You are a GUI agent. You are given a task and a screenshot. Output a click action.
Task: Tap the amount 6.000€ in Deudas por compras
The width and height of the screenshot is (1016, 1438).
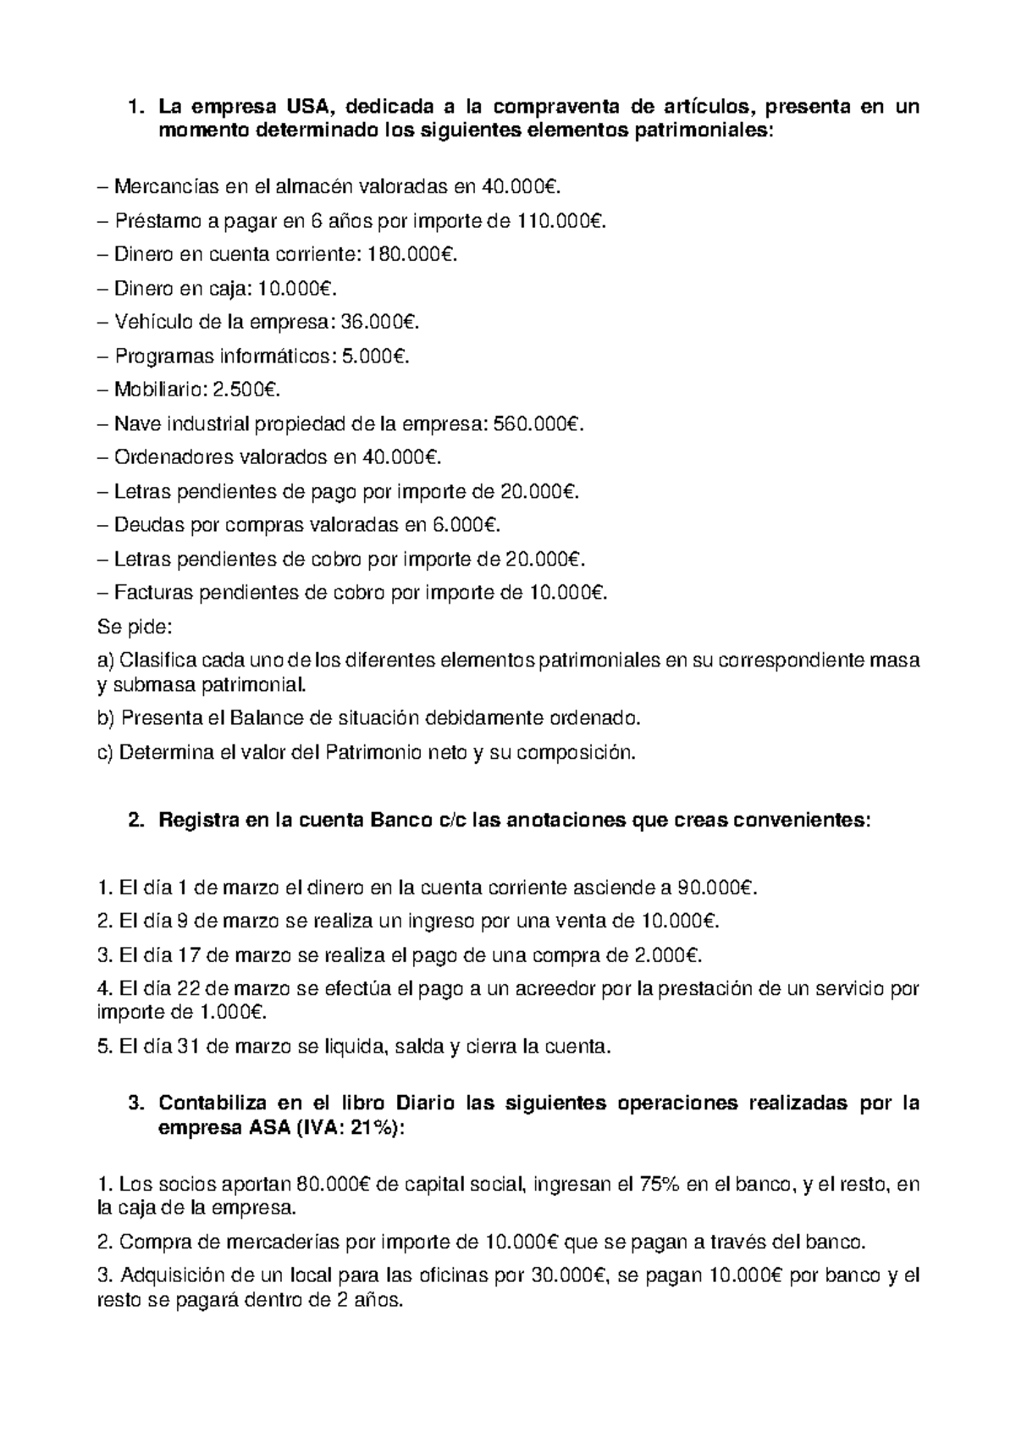[x=464, y=526]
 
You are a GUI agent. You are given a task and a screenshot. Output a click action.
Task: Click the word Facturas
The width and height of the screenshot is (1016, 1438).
[x=152, y=594]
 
